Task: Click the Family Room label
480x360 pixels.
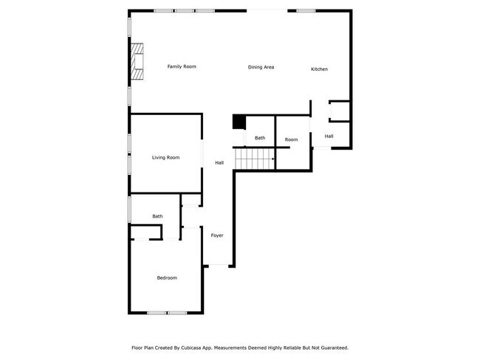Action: point(182,67)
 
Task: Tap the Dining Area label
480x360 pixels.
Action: point(261,67)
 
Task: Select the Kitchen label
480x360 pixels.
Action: point(319,69)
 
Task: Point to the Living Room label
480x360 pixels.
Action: point(165,157)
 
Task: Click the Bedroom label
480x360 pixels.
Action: point(167,277)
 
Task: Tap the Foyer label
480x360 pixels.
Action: point(217,235)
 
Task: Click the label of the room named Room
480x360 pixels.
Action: point(292,139)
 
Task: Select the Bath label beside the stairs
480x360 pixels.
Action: point(260,138)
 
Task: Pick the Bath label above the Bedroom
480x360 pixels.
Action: point(157,216)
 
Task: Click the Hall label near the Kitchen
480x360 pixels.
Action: point(329,136)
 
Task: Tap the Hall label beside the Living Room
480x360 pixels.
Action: point(219,162)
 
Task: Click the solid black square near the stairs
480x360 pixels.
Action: point(239,122)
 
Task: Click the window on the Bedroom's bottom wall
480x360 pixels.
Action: point(166,313)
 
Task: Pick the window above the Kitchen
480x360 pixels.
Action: point(306,10)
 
